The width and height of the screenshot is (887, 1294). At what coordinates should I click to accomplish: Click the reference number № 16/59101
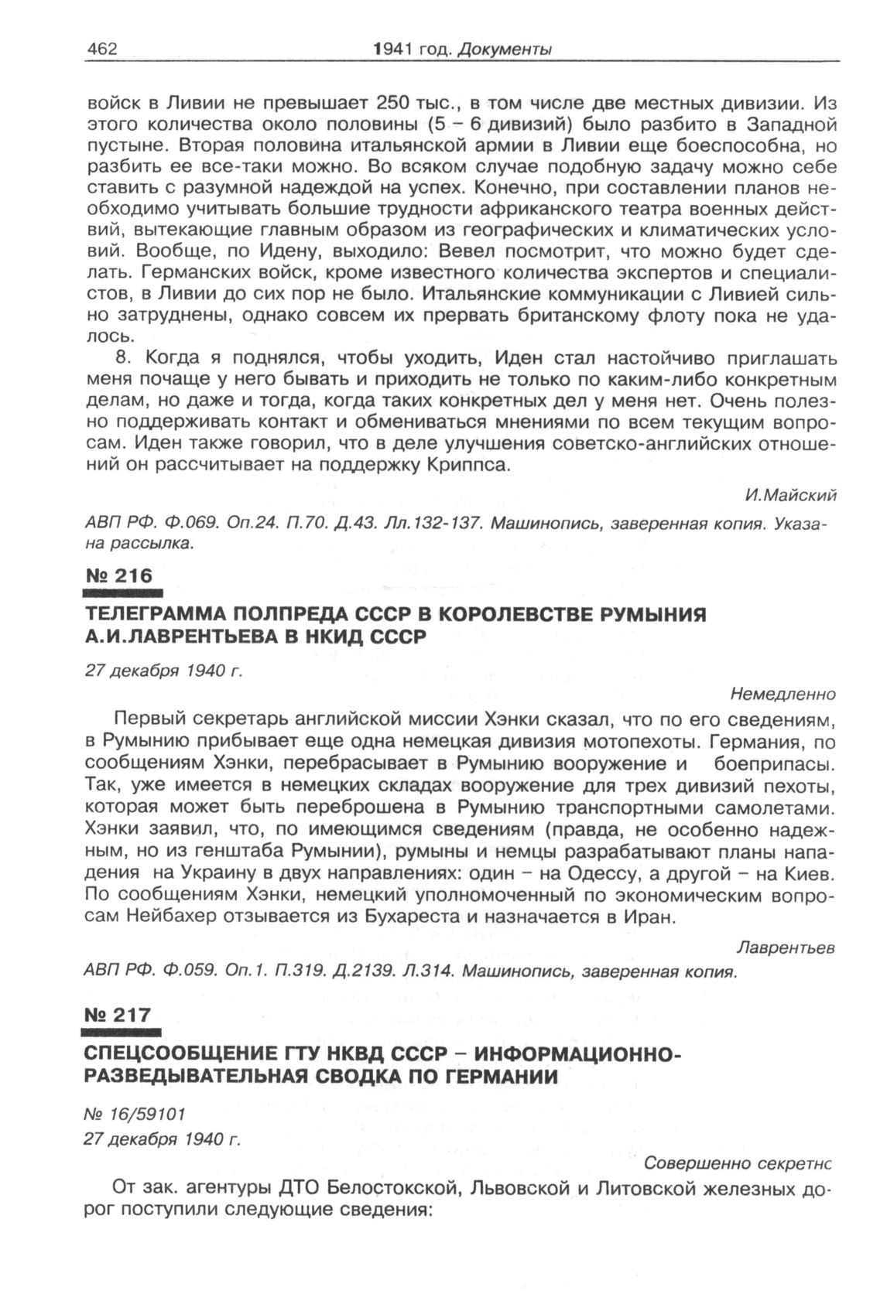[135, 1114]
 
